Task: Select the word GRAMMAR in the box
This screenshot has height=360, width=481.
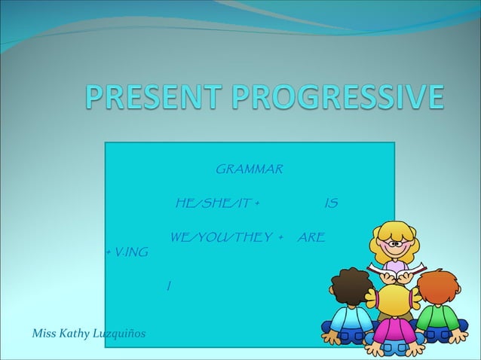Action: [x=249, y=167]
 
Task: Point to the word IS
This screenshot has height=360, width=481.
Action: [x=329, y=203]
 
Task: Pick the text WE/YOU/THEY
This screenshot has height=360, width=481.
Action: [x=221, y=238]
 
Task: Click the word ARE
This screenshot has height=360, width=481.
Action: [x=311, y=238]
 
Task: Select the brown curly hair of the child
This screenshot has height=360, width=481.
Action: [x=350, y=285]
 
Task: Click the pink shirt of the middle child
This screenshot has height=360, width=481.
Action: [x=394, y=331]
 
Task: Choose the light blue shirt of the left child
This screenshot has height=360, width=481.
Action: [x=351, y=320]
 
